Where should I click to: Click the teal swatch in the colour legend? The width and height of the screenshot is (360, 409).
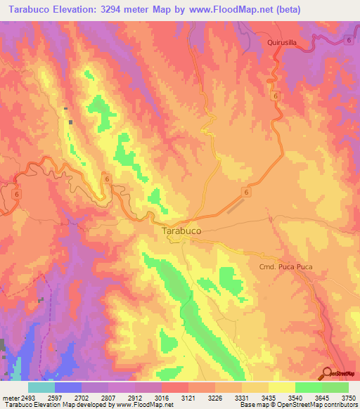pos(41,387)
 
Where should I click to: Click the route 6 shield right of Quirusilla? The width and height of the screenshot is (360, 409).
pos(348,42)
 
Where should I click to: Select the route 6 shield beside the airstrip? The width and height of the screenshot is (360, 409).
pos(247,192)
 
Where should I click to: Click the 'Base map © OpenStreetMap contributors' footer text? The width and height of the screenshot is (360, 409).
pos(299,405)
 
